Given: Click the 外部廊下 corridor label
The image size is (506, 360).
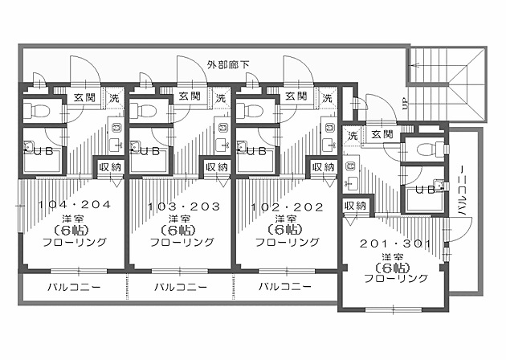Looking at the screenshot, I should point(227,63).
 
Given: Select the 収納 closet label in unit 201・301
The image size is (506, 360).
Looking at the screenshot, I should point(356,206).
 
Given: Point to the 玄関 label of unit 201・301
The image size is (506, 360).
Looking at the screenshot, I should point(382,135).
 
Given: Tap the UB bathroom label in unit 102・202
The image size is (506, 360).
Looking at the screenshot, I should point(256,150).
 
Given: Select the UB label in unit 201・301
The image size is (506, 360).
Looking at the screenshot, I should point(426,190).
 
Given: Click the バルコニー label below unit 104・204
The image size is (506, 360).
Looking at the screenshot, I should point(73,287).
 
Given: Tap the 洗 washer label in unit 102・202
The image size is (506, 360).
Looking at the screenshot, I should point(328,97).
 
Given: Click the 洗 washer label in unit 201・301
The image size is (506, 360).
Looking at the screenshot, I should point(353,135).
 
